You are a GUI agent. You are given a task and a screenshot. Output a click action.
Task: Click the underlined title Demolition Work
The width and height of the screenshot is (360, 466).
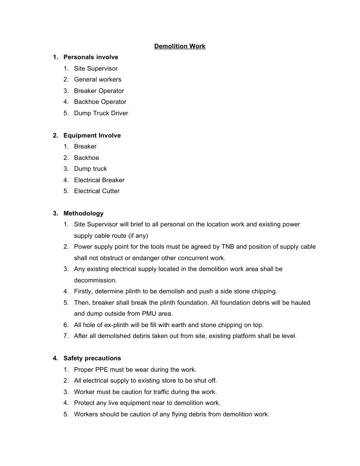click(180, 46)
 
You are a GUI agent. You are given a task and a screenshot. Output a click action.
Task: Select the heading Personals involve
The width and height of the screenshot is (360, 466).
click(91, 57)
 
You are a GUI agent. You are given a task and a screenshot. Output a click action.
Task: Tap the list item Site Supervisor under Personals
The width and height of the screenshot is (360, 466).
click(96, 69)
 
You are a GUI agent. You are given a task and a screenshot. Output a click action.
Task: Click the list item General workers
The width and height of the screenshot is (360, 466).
click(97, 80)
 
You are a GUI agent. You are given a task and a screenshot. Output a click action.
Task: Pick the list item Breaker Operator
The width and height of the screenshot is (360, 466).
click(99, 91)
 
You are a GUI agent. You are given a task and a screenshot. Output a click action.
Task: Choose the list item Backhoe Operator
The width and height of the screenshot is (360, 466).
click(100, 102)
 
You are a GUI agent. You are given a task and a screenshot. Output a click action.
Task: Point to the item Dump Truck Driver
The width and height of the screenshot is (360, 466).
click(101, 113)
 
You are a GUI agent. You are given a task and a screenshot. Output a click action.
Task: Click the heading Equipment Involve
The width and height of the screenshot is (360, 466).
click(92, 135)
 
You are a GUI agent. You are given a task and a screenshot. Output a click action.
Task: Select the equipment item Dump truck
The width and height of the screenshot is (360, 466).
click(90, 169)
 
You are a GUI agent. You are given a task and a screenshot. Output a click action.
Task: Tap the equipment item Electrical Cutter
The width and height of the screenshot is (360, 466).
click(96, 191)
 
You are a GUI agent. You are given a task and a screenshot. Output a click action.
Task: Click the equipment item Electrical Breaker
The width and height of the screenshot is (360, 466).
click(99, 180)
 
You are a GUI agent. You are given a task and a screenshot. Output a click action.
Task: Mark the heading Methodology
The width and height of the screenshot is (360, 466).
click(83, 213)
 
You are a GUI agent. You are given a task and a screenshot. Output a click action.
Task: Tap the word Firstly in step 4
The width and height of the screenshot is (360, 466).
click(84, 292)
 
